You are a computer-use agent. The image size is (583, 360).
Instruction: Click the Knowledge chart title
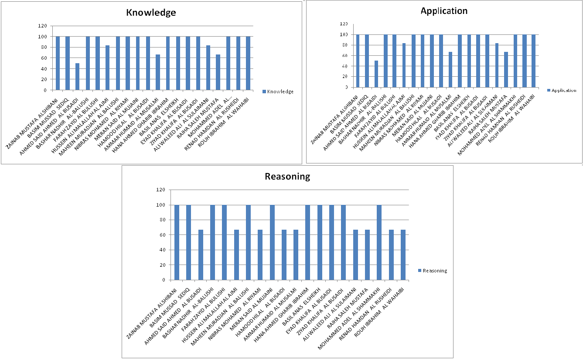point(151,12)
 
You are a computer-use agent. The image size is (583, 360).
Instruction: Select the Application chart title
point(444,11)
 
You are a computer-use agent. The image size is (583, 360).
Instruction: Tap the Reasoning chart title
point(287,177)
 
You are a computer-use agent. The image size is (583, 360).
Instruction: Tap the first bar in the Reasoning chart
point(177,242)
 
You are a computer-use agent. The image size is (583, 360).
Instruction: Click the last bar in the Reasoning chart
point(403,255)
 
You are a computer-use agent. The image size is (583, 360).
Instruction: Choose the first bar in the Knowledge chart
point(58,63)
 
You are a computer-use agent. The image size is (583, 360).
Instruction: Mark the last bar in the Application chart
point(533,61)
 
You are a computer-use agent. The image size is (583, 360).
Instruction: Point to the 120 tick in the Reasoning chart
point(161,190)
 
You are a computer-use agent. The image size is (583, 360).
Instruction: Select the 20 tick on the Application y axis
point(345,77)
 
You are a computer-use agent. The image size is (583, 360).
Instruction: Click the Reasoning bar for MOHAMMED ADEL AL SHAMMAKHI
point(379,242)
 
